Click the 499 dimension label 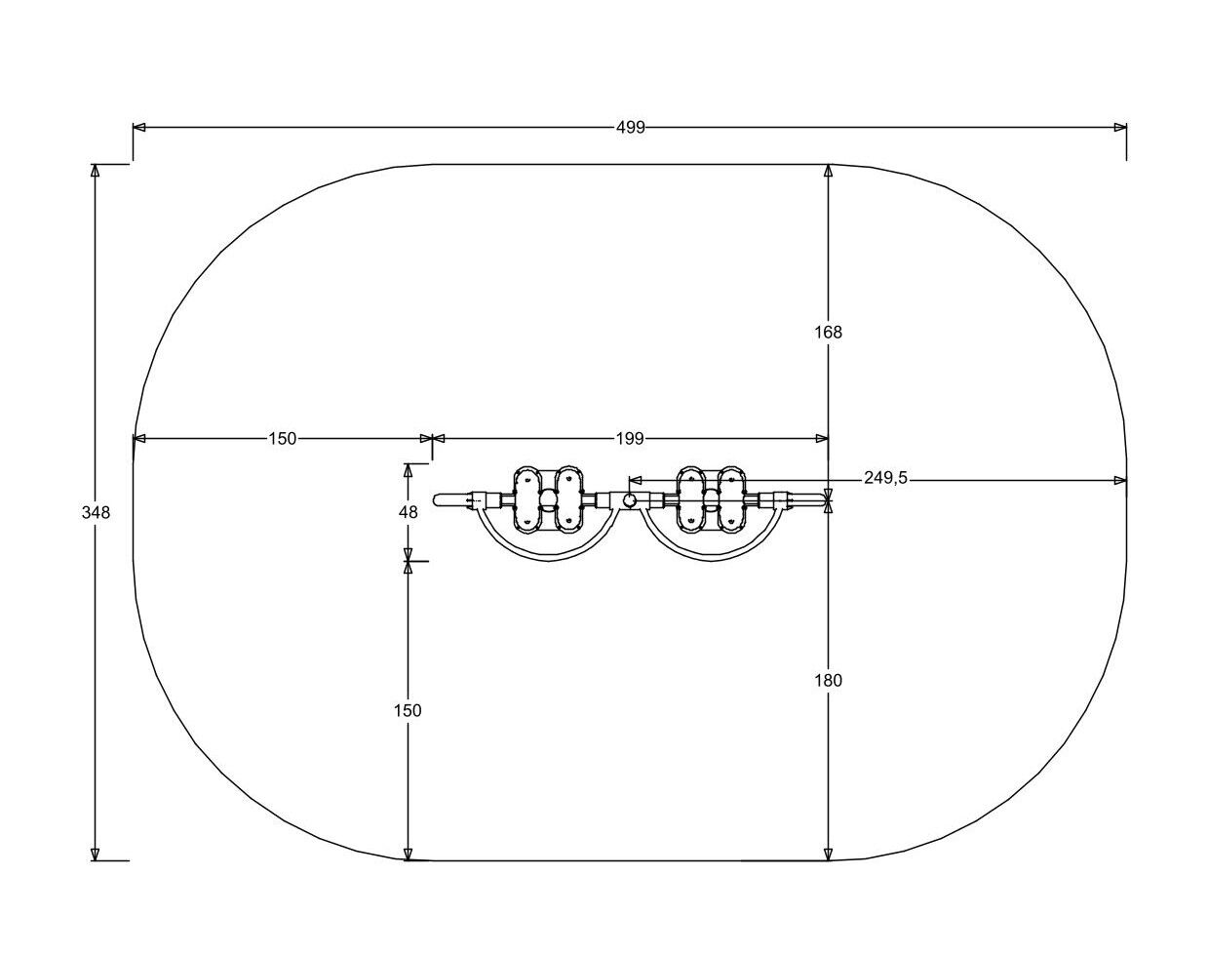click(x=631, y=128)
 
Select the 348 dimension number click(x=96, y=512)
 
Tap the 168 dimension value click(x=829, y=333)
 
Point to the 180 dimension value click(x=829, y=680)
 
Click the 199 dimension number click(x=630, y=439)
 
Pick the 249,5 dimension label click(x=885, y=478)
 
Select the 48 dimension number click(x=409, y=512)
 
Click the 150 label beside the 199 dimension click(x=282, y=439)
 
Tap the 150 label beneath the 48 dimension click(x=408, y=710)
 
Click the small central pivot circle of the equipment click(x=630, y=499)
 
